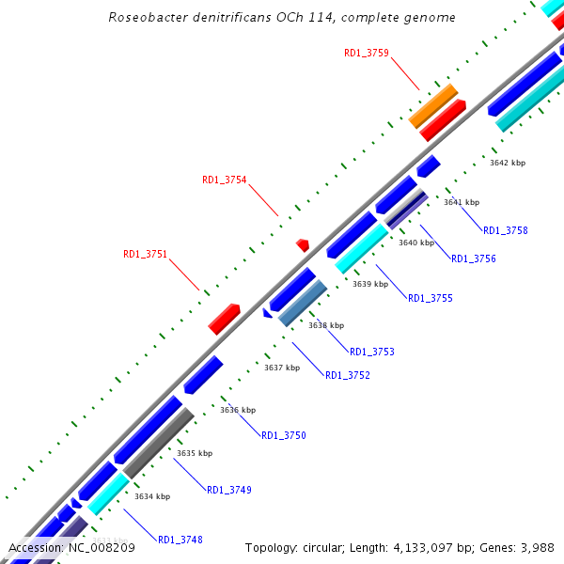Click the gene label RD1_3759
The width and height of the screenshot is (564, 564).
(x=367, y=54)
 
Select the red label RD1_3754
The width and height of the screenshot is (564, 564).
(x=225, y=180)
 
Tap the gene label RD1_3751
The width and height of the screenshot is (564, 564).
(x=145, y=254)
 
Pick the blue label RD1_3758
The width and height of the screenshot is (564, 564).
(x=506, y=230)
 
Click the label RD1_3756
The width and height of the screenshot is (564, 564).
(x=474, y=258)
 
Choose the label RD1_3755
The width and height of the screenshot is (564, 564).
(x=431, y=298)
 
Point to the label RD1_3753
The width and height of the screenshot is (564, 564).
(x=372, y=352)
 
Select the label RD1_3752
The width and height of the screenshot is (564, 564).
(x=348, y=375)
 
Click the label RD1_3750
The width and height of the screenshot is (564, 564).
(x=284, y=435)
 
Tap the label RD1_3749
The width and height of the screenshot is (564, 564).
(x=229, y=490)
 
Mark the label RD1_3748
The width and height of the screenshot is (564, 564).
(x=180, y=540)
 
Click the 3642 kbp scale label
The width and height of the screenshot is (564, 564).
(x=508, y=163)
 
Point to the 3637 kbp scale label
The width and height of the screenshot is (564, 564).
(x=282, y=368)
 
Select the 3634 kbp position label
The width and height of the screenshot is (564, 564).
(x=152, y=496)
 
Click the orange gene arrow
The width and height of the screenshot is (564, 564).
(x=433, y=105)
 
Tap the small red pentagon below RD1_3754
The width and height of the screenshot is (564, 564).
(x=303, y=244)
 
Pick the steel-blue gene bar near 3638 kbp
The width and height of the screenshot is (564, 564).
(x=303, y=304)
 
